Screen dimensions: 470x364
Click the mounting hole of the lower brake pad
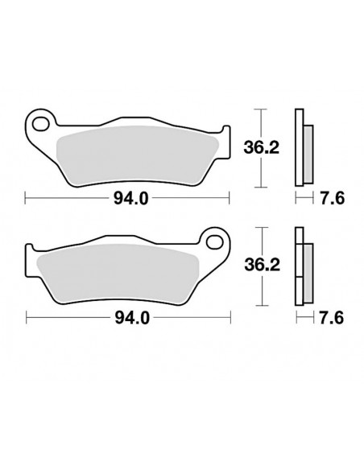pyautogui.click(x=215, y=241)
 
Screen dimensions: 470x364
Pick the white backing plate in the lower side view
pyautogui.click(x=299, y=266)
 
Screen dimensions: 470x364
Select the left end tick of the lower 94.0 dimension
pyautogui.click(x=27, y=318)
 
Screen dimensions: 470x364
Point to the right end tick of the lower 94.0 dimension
pyautogui.click(x=229, y=318)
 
